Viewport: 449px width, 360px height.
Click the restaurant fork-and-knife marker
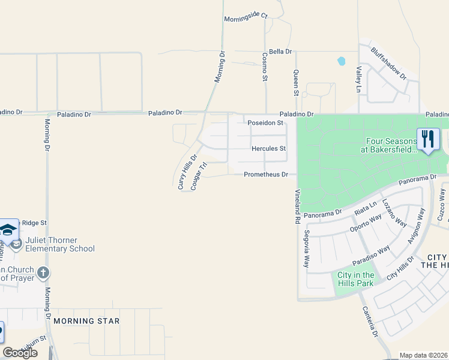[428, 139]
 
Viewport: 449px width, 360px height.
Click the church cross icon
[43, 274]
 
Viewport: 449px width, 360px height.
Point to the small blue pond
[342, 61]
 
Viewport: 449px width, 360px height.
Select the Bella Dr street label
[280, 52]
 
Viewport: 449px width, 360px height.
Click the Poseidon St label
[265, 123]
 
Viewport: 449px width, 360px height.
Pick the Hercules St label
[268, 148]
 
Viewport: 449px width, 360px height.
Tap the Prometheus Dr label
[266, 175]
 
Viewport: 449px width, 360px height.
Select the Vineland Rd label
[297, 207]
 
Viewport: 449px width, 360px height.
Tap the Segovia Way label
[307, 249]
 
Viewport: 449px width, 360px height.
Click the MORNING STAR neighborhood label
[86, 321]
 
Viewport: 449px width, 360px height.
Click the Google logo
[20, 353]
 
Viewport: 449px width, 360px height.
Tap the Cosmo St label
[264, 66]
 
